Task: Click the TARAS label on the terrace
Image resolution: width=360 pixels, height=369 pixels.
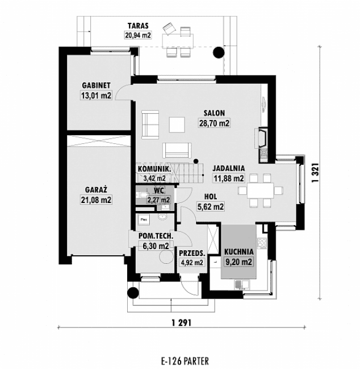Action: click(138, 26)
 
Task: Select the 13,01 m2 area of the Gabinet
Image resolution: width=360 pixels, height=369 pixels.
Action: click(96, 96)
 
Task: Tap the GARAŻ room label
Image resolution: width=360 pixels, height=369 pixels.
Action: click(96, 190)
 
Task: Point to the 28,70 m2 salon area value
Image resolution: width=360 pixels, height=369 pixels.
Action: click(214, 123)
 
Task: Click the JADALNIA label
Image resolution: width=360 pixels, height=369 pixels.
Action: click(229, 168)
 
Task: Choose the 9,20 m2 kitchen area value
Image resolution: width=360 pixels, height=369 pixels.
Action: click(239, 262)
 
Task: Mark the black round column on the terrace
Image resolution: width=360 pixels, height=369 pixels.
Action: click(219, 52)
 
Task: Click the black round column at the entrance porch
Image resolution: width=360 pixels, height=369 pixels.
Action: click(133, 293)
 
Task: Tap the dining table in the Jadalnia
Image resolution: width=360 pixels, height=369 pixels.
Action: click(261, 190)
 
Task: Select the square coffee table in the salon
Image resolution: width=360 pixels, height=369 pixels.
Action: click(177, 125)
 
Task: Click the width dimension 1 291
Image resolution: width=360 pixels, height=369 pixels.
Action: click(181, 322)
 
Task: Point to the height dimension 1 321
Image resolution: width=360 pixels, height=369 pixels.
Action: click(315, 172)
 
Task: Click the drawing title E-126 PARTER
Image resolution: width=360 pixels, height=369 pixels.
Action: click(185, 361)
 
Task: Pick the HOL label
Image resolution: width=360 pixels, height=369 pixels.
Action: click(211, 197)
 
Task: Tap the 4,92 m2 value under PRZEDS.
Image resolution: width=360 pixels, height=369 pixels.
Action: click(192, 262)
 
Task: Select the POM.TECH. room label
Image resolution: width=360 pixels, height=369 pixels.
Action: click(156, 236)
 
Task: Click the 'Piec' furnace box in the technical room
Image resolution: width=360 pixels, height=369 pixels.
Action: click(144, 219)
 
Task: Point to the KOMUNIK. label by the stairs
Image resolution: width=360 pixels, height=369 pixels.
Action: click(154, 169)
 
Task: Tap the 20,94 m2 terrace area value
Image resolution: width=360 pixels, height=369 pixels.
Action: click(138, 35)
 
